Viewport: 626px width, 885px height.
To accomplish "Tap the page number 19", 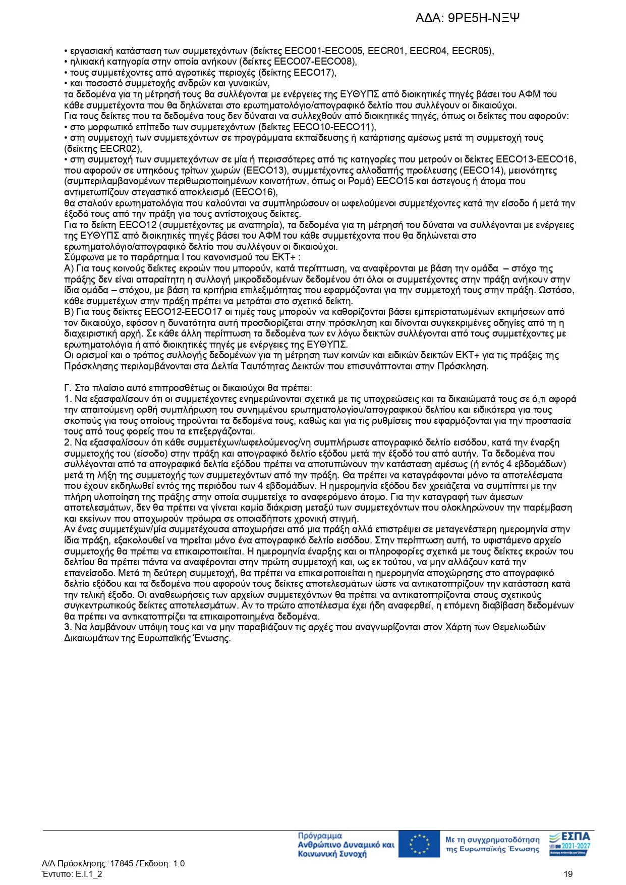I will (x=568, y=874).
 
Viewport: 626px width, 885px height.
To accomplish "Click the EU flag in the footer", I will (x=419, y=844).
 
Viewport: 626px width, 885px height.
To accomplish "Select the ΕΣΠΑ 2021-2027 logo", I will (x=570, y=844).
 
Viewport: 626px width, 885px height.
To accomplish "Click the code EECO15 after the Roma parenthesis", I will (x=401, y=181).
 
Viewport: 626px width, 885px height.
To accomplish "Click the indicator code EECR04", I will (x=428, y=51).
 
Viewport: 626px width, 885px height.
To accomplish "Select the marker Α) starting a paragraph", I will (x=69, y=268).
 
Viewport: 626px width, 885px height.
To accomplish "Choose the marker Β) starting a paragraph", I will (x=69, y=312).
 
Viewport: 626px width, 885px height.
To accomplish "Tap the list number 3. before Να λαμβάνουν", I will (x=68, y=627).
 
